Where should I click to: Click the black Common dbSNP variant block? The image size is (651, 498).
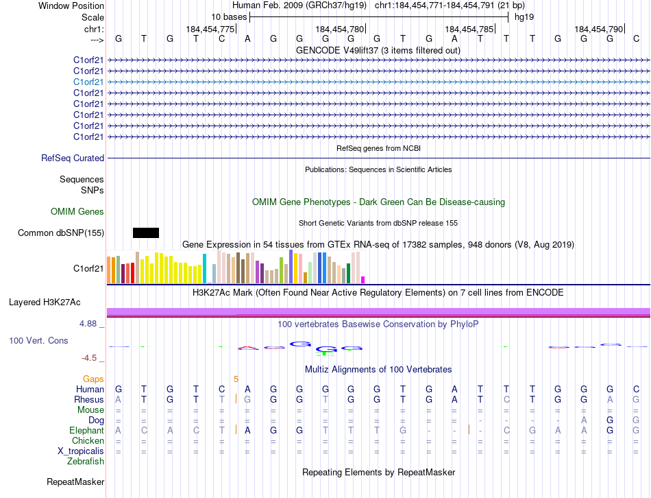[x=146, y=233]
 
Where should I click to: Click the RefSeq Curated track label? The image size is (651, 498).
[x=73, y=158]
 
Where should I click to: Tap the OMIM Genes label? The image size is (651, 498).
[x=77, y=211]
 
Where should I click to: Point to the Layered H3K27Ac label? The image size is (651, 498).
[x=45, y=302]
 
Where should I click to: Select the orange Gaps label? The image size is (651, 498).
[x=93, y=379]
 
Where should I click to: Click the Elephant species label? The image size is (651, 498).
[x=86, y=430]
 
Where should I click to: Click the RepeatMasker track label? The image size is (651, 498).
[x=75, y=482]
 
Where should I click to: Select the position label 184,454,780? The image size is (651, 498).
[x=339, y=29]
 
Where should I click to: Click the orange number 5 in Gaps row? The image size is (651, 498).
[x=236, y=379]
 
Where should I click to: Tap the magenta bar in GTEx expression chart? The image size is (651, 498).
[x=363, y=279]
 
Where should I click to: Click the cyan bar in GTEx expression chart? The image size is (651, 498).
[x=204, y=268]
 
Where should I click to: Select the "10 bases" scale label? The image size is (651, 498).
[x=229, y=16]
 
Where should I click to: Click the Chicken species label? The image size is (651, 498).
[x=88, y=440]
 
